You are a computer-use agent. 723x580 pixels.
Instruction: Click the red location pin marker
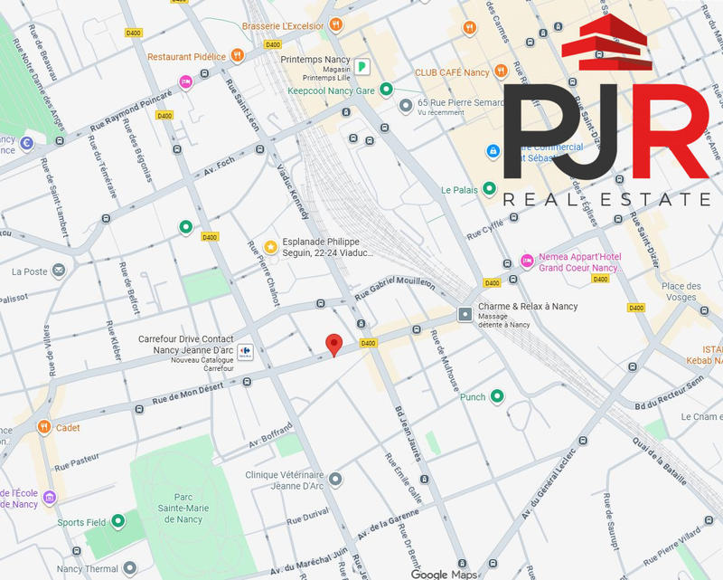tap(333, 344)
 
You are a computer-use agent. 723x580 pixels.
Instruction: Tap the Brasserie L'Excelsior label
tap(283, 25)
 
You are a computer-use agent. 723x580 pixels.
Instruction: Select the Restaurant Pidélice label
tap(186, 56)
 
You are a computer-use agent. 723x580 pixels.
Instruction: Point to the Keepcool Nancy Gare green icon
tap(386, 89)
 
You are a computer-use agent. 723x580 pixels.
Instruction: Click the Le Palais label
tap(458, 190)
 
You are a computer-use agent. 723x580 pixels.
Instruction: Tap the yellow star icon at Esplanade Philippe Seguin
tap(270, 246)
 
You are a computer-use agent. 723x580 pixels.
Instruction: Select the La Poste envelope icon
tap(59, 270)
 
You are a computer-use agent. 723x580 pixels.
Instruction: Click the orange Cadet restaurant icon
tap(43, 427)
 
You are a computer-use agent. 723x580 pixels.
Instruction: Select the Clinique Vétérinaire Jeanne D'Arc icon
tap(335, 479)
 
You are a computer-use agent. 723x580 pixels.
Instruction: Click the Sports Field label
tap(82, 523)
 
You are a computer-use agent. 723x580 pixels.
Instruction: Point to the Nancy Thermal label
tap(88, 569)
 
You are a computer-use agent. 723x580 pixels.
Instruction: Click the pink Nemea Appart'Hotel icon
tap(527, 261)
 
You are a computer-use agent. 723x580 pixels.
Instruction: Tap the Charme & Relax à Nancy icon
tap(465, 314)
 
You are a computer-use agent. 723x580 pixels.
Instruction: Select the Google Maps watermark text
tap(444, 574)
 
